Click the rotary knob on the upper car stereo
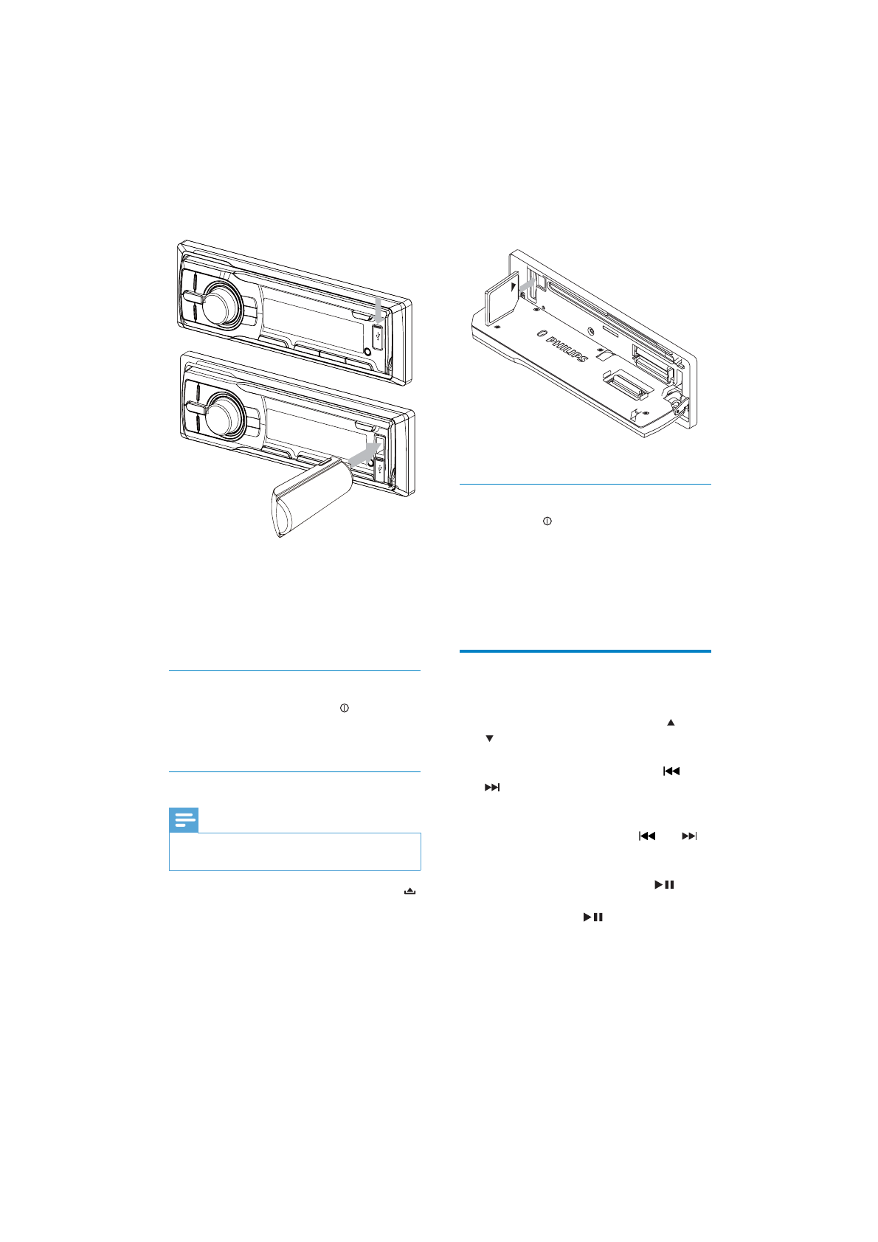[x=221, y=304]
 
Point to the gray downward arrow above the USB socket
[x=378, y=309]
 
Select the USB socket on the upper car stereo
[x=377, y=336]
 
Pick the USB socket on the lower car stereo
[x=380, y=468]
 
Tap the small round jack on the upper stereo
[x=367, y=352]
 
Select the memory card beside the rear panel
[x=502, y=299]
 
